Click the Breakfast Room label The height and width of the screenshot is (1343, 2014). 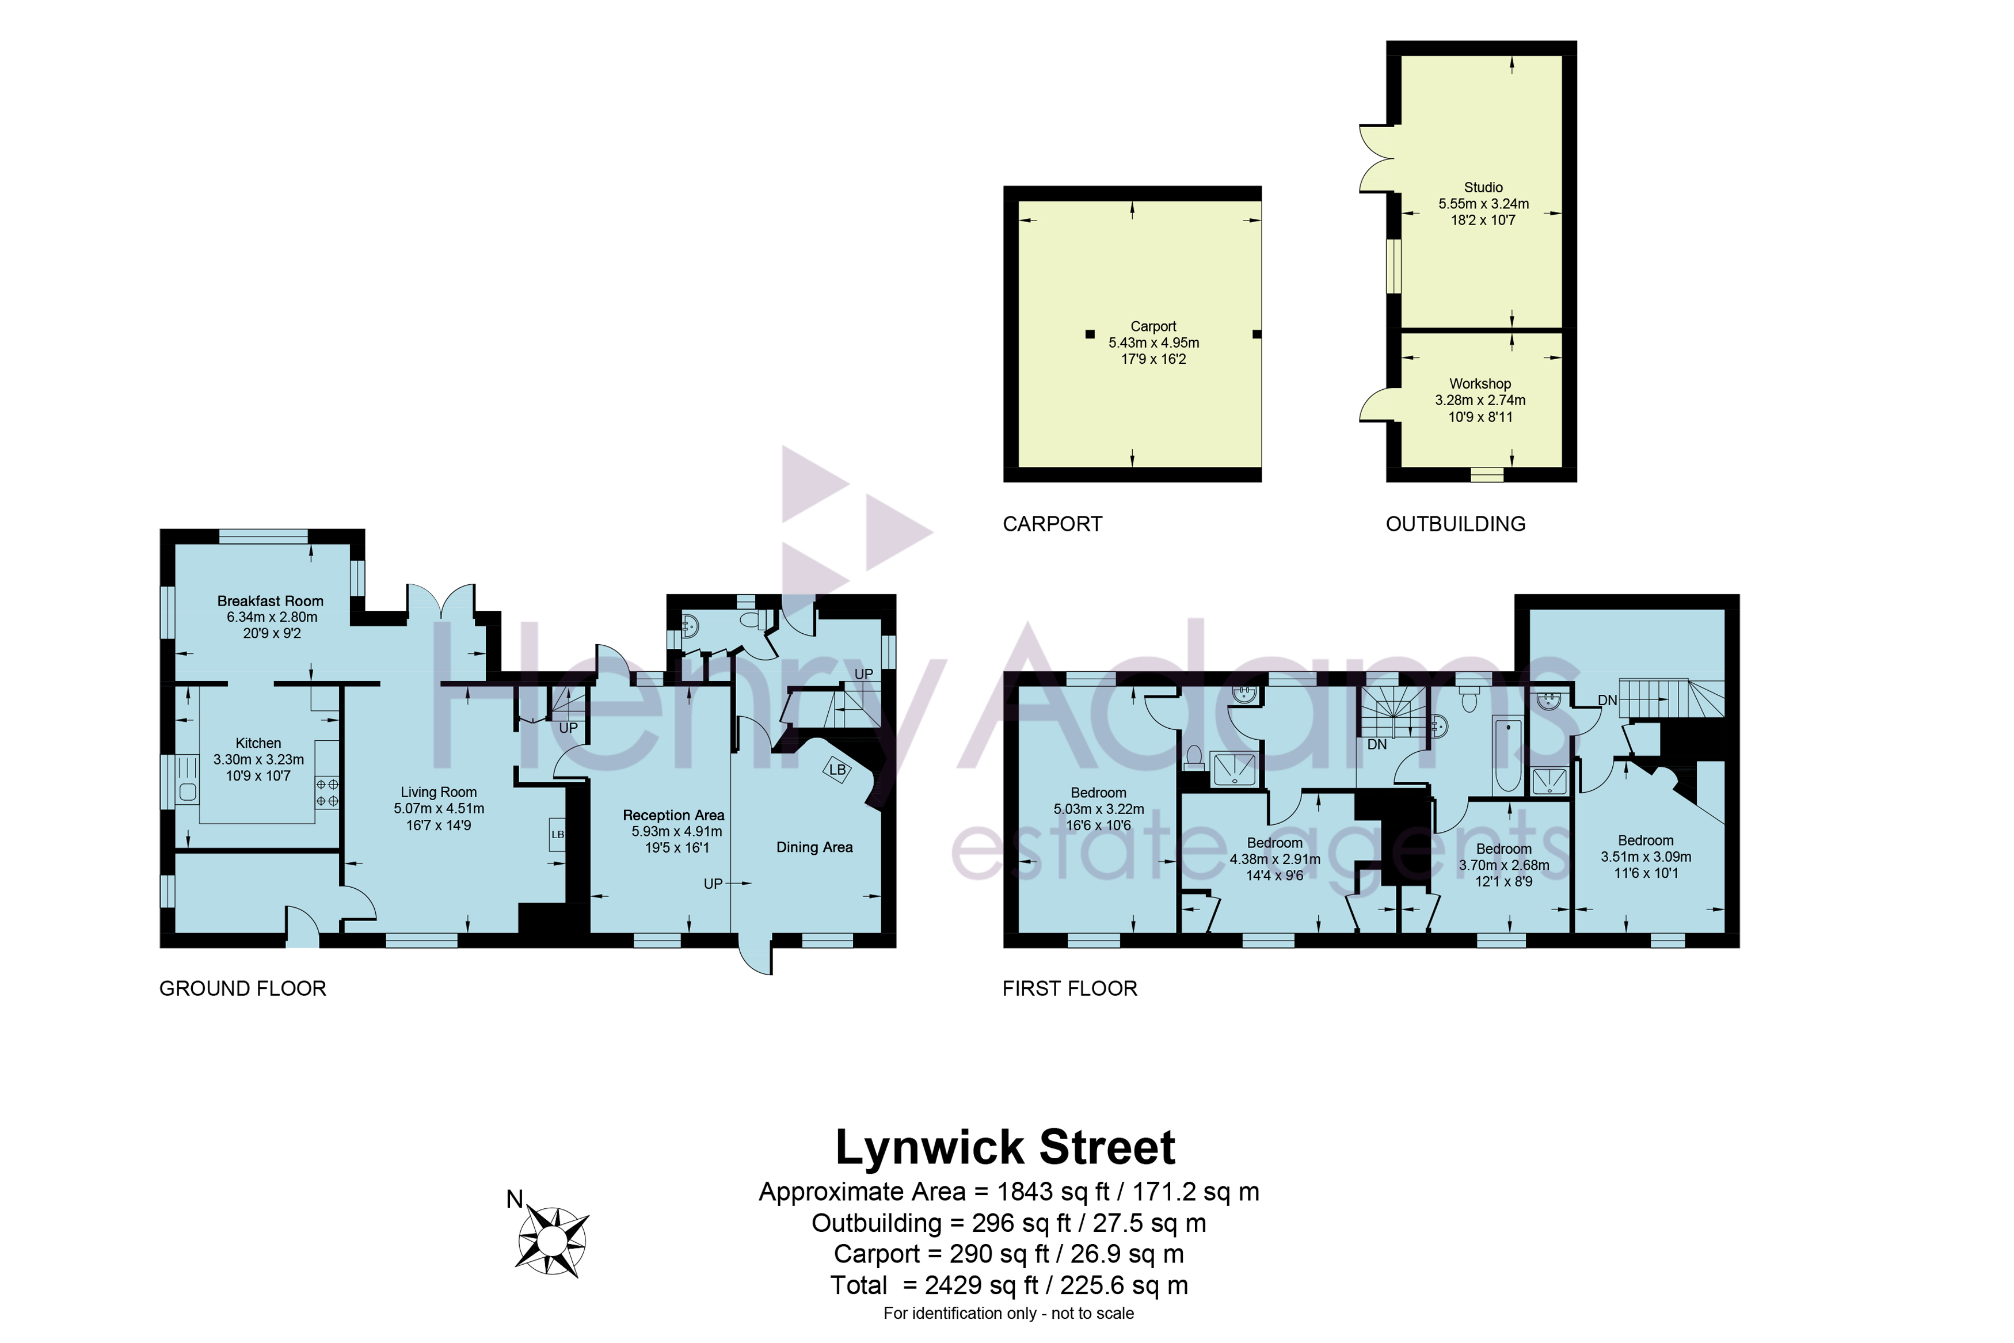(270, 601)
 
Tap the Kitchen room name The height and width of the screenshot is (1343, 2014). (258, 743)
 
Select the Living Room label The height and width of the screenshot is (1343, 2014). (439, 792)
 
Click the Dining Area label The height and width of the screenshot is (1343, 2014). (814, 847)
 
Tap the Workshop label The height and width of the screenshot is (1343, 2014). (1480, 384)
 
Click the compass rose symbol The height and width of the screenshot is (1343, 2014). (553, 1240)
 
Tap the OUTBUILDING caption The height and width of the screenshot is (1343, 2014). (1456, 524)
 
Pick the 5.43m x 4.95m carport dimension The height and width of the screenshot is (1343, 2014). (1153, 343)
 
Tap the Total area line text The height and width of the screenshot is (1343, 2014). (1008, 1285)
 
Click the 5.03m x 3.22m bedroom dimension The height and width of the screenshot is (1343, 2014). (1099, 809)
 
